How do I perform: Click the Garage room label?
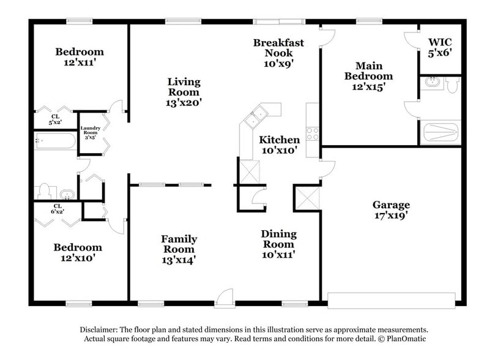coord(391,210)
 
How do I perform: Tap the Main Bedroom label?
coord(368,76)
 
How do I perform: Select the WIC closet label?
coord(439,47)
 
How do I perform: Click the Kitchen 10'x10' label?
coord(279,144)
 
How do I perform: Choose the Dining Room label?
coord(278,244)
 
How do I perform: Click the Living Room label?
coord(184,92)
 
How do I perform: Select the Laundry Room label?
coord(90,133)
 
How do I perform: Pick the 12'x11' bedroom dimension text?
coord(80,62)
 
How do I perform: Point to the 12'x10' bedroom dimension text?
coord(77,258)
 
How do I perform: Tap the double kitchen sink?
coord(255,116)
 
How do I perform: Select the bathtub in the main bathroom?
coord(440,132)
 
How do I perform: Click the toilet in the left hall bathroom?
coord(45,191)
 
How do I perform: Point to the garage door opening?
coord(391,300)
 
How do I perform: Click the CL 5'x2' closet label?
coord(56,119)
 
